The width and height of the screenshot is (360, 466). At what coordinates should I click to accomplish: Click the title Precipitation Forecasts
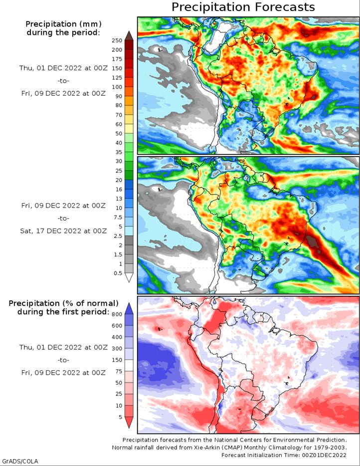pyautogui.click(x=243, y=7)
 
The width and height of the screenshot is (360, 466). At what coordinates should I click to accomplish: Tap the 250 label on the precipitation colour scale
pyautogui.click(x=117, y=40)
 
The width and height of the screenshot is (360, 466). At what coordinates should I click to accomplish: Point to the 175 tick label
pyautogui.click(x=117, y=59)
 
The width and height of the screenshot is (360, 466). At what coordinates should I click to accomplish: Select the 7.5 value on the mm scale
pyautogui.click(x=118, y=217)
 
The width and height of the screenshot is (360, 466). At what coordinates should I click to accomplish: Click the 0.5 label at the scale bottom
pyautogui.click(x=118, y=273)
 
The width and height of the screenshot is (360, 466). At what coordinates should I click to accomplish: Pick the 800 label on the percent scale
pyautogui.click(x=117, y=314)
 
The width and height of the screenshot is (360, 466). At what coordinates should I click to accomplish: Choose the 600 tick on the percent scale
pyautogui.click(x=117, y=325)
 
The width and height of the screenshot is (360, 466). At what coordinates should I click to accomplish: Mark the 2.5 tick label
pyautogui.click(x=118, y=236)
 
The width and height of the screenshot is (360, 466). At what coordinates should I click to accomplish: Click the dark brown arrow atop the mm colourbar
pyautogui.click(x=129, y=36)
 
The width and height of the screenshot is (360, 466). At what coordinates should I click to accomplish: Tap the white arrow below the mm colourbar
pyautogui.click(x=129, y=277)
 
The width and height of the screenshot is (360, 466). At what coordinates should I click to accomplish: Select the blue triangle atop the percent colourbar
pyautogui.click(x=129, y=309)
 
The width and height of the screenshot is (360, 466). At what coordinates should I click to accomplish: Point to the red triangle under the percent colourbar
pyautogui.click(x=129, y=422)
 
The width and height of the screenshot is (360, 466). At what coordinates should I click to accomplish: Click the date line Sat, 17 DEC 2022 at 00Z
pyautogui.click(x=63, y=231)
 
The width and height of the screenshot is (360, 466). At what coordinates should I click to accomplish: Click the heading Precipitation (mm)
pyautogui.click(x=63, y=24)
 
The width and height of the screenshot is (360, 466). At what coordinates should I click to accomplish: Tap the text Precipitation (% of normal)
pyautogui.click(x=63, y=303)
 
